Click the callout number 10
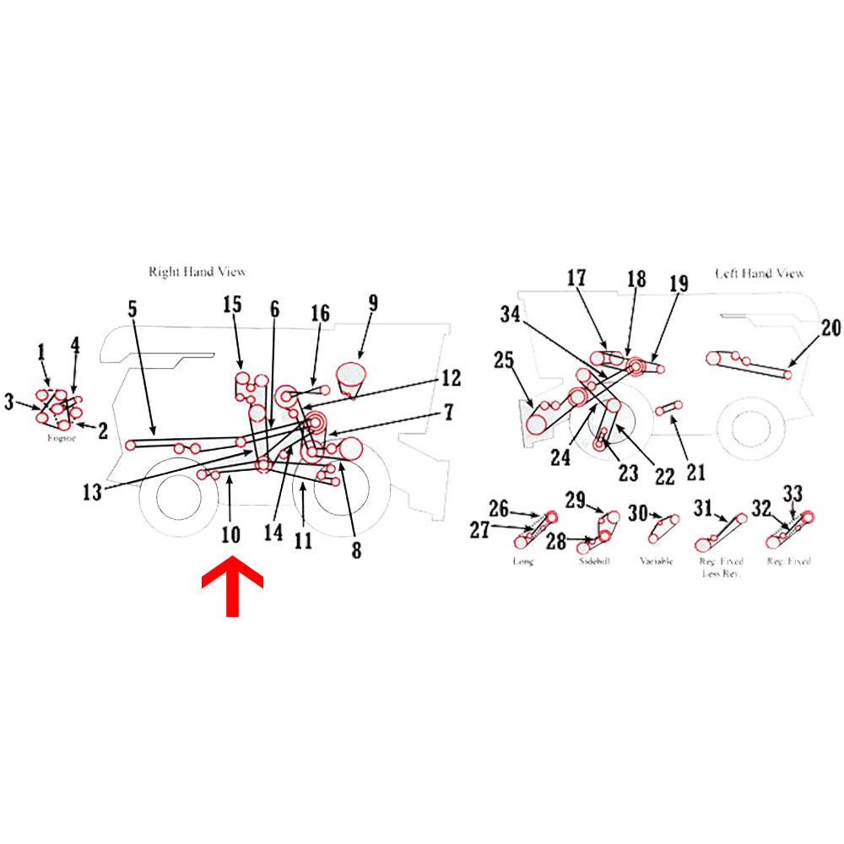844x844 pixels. [x=230, y=534]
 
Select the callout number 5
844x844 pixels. [x=133, y=309]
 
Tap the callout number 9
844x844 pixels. [x=372, y=303]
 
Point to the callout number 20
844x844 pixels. [x=831, y=328]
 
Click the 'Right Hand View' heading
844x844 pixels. [x=197, y=272]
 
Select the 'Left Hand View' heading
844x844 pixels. [x=760, y=273]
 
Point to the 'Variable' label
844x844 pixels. [x=657, y=561]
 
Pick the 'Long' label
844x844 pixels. [x=523, y=561]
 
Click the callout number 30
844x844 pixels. [x=638, y=512]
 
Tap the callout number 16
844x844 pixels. [x=319, y=314]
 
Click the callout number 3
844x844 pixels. [x=9, y=403]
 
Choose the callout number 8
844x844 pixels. [x=356, y=551]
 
